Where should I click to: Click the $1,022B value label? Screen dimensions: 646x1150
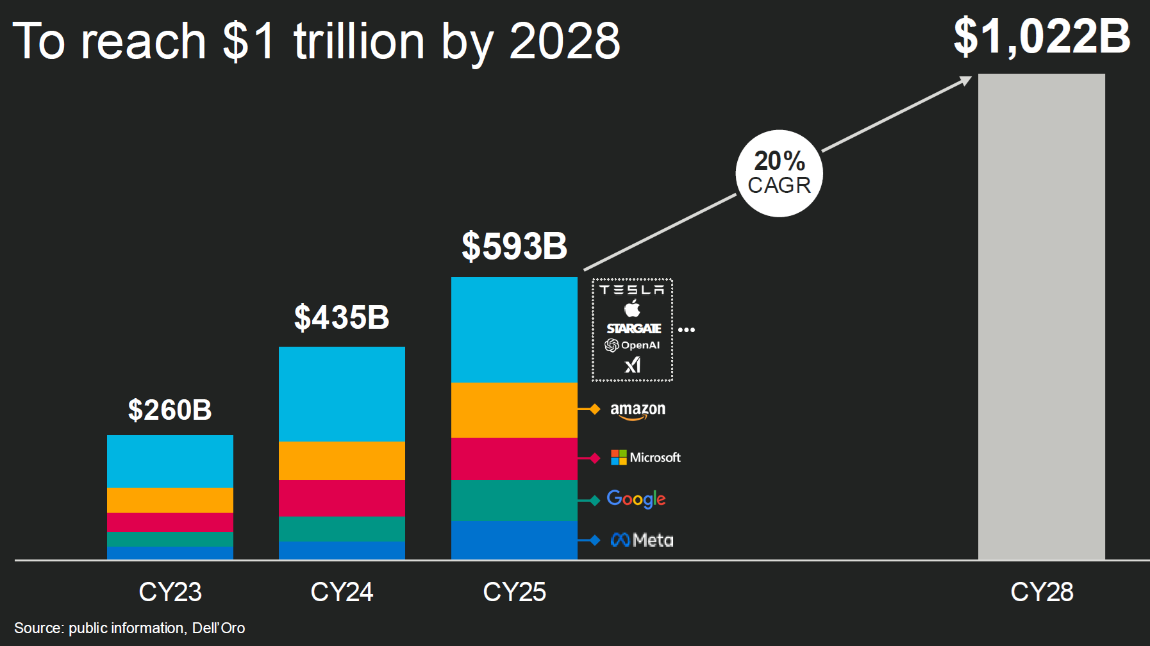(1042, 37)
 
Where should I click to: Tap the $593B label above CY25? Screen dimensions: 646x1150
(514, 246)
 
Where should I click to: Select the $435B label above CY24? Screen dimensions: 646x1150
(342, 317)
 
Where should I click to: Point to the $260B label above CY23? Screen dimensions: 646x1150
(170, 410)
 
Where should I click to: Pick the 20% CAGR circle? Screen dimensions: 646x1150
(779, 174)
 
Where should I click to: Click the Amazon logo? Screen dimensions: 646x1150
(637, 410)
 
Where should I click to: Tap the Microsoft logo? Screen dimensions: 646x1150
(646, 458)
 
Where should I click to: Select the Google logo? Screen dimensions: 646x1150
(636, 499)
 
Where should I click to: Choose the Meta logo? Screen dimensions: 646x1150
(642, 540)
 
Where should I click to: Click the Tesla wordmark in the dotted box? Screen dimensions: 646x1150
(632, 290)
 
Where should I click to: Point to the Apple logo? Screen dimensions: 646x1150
(632, 309)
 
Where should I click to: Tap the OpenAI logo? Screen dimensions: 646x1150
(632, 345)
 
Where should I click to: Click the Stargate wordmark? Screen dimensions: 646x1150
(633, 329)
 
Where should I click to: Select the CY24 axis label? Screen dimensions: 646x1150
(342, 592)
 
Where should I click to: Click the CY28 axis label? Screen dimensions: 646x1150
(1042, 592)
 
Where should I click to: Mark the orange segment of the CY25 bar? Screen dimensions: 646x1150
(514, 410)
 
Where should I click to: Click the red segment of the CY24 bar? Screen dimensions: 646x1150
(342, 498)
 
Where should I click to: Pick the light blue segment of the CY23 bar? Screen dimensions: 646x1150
(170, 461)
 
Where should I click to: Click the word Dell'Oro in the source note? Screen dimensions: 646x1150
(219, 628)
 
